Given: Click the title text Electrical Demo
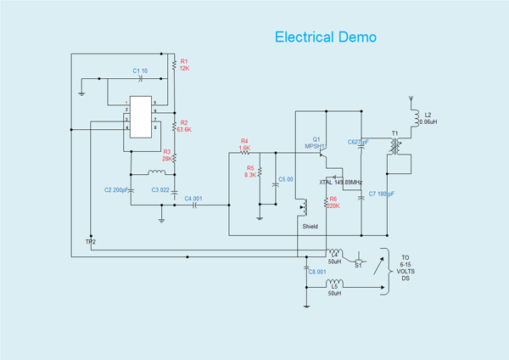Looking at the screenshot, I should point(326,37).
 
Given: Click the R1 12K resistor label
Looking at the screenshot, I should point(184,65).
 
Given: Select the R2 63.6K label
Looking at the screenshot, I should point(184,126).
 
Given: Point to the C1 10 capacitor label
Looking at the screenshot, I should point(140,70).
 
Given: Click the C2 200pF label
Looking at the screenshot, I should point(115,188).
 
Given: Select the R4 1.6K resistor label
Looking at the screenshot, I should point(244,144).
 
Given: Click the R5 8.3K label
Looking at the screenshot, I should point(250,171).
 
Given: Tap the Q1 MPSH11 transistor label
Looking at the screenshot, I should point(316,142).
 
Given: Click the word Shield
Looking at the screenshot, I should point(310,227).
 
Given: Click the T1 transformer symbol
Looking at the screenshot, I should point(393,147).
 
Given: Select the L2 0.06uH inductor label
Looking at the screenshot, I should point(428,118).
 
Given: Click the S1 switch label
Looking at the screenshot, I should point(357,265).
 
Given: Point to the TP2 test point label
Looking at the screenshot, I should point(91,242).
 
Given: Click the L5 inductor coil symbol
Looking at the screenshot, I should point(336,284).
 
